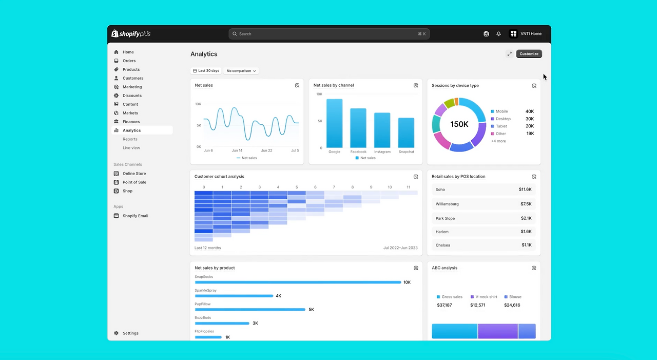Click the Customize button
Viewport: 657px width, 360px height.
point(529,54)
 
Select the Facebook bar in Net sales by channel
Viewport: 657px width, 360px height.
point(358,128)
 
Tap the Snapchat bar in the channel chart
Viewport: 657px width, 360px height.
point(406,132)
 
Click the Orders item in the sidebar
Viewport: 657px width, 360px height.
point(129,61)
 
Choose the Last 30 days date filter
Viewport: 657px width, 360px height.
point(206,71)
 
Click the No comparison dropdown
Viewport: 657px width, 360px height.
point(241,71)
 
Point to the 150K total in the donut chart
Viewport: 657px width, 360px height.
point(459,124)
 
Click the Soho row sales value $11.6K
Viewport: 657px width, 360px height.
point(525,189)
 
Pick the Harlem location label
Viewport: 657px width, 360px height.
point(442,232)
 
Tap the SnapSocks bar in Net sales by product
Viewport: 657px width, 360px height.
point(298,282)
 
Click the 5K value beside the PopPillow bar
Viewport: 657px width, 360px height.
point(311,310)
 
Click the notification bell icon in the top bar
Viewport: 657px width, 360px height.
point(498,34)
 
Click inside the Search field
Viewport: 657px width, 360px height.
point(329,34)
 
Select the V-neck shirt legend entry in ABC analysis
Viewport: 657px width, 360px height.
point(484,297)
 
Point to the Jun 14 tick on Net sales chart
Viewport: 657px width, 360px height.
point(237,150)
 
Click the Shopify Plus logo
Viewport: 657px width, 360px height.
point(131,34)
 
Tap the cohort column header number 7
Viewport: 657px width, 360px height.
point(334,187)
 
